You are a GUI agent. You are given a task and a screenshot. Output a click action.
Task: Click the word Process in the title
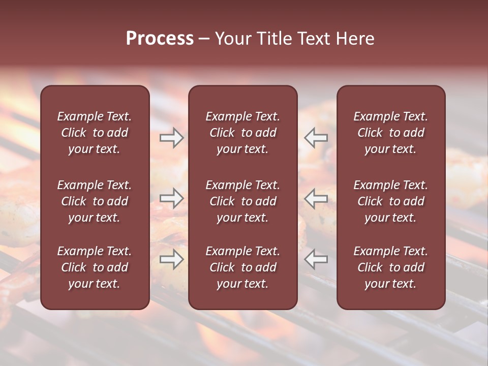[160, 39]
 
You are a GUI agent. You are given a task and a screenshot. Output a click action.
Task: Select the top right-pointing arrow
[171, 138]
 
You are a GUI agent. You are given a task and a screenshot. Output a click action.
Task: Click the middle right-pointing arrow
[171, 198]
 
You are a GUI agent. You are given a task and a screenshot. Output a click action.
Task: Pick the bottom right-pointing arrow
[171, 259]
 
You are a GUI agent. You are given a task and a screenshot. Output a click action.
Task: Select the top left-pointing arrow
[316, 138]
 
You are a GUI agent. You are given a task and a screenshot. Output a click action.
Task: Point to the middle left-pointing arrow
[316, 198]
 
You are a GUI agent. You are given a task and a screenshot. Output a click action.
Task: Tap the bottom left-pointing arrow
[316, 259]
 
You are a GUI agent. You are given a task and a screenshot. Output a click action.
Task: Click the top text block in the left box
[95, 133]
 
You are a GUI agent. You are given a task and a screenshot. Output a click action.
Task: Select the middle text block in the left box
[95, 201]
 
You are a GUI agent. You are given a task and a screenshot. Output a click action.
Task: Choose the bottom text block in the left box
[95, 267]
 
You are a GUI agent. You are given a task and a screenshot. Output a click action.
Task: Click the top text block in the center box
[243, 133]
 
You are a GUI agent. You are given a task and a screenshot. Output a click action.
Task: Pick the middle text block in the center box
[243, 201]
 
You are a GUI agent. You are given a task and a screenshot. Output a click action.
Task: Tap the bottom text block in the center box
[243, 267]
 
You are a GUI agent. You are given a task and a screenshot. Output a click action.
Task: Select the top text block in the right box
[391, 133]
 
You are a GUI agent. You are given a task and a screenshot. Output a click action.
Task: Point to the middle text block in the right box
[391, 201]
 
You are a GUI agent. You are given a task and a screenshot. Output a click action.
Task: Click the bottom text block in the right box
[391, 267]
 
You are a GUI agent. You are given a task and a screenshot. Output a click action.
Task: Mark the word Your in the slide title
[233, 39]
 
